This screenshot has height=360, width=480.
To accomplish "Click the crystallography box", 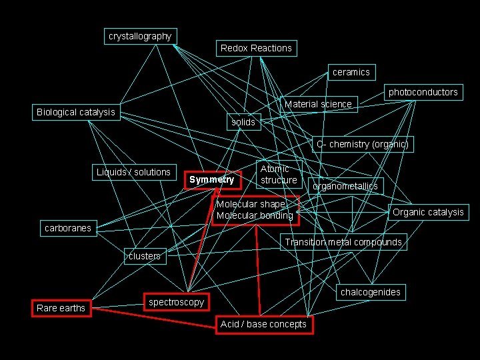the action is coord(140,36).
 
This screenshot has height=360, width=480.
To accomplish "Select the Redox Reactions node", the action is coord(256,48).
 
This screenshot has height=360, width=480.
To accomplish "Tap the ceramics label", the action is coord(351,72).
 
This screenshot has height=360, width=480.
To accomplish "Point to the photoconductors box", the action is coord(423,92).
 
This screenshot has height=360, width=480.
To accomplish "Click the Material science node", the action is coord(318,104).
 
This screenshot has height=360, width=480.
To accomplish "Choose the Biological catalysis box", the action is coord(75,112).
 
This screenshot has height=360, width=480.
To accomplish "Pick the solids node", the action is coord(243,122).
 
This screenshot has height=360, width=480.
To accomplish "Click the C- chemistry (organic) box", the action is coord(362,144).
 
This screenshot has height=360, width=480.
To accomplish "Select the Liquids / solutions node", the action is coord(133,172).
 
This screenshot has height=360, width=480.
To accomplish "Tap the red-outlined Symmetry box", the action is coord(212,179).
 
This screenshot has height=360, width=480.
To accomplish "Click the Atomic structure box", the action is coord(279,175).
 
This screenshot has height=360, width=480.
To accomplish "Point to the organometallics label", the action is coord(345,186).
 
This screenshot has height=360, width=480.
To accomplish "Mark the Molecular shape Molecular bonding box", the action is coord(255,210).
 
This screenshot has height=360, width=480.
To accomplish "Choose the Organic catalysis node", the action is coord(428,212).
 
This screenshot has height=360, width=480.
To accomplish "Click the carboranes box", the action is coord(67,228).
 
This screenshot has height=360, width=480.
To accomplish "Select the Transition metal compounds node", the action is coord(343,242).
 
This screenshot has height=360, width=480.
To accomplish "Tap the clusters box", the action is coord(145,256).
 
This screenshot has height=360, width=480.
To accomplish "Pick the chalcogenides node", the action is coord(371,292).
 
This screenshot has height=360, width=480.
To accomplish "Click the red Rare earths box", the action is coord(61,308).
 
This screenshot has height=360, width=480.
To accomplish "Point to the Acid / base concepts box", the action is coord(263,324).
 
